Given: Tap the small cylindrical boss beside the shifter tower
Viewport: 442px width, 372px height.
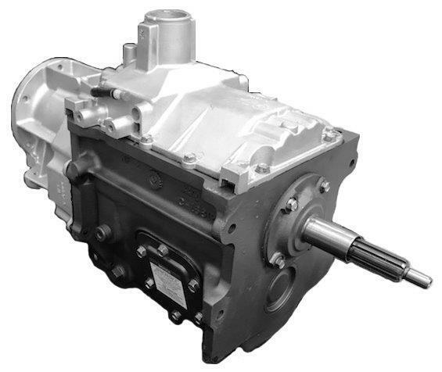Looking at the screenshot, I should (130, 52).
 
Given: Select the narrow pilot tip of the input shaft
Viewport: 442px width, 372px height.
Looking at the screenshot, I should (419, 277).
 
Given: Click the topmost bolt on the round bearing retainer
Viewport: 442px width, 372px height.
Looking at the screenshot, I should (323, 186).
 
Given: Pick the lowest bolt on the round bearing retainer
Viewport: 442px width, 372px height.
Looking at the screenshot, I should (278, 259).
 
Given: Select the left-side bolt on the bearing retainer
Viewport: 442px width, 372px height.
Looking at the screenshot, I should (290, 205).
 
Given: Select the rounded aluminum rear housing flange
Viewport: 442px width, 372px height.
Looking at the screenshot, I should (35, 117).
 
